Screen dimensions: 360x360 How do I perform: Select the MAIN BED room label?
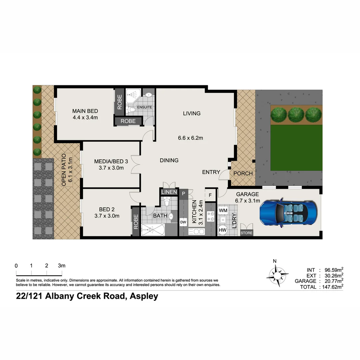click(x=85, y=111)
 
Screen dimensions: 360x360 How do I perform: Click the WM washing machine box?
click(x=223, y=211)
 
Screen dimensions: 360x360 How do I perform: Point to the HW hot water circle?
click(x=222, y=230)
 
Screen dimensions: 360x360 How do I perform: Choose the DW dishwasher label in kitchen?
click(x=183, y=222)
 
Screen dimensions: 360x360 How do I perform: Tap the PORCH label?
click(x=243, y=173)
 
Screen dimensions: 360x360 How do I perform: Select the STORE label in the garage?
click(x=247, y=233)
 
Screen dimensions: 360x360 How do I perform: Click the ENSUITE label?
click(x=144, y=107)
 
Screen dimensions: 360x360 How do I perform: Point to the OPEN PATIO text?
click(x=64, y=170)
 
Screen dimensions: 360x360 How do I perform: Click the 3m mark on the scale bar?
click(x=62, y=266)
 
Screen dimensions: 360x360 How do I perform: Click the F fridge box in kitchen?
click(x=210, y=195)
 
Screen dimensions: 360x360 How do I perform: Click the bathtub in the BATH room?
click(x=153, y=230)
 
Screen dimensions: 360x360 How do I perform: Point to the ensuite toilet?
click(x=132, y=109)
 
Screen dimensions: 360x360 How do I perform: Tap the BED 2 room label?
click(x=107, y=209)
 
